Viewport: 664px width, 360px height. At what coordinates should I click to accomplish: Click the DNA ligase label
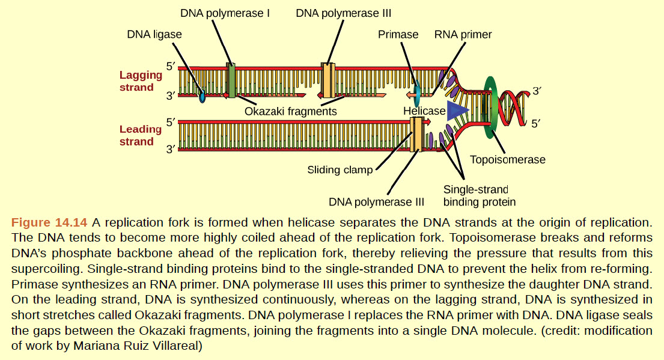(154, 34)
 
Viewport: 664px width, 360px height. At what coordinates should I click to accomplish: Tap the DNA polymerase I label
(225, 13)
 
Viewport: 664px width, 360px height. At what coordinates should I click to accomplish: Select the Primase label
(398, 34)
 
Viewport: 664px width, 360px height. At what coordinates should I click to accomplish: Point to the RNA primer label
(463, 34)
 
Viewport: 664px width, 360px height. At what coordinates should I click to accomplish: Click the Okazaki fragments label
(290, 111)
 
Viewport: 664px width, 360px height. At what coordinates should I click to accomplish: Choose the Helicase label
(424, 111)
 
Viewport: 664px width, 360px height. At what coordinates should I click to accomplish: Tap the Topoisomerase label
(508, 159)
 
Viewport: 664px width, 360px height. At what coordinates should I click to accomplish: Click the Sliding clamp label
(340, 169)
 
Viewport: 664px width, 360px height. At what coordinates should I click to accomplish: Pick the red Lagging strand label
(141, 81)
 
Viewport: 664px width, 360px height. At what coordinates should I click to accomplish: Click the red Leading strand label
(141, 135)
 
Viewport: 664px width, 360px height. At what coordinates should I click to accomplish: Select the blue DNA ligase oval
(203, 96)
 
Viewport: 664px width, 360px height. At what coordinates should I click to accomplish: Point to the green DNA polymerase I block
(231, 80)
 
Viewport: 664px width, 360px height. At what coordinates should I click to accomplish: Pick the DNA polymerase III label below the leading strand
(376, 201)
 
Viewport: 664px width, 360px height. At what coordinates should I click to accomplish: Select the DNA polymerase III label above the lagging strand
(343, 13)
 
